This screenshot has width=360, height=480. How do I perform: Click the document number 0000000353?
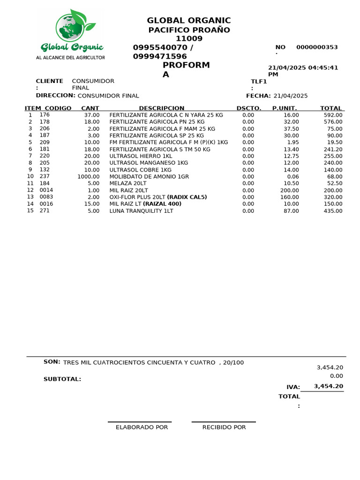[317, 47]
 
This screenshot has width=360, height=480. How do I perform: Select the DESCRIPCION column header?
[162, 108]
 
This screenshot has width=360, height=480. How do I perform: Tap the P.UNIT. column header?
[285, 108]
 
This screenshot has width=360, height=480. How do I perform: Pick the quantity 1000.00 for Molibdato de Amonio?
[89, 177]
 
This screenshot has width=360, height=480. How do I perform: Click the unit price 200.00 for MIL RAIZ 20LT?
[289, 190]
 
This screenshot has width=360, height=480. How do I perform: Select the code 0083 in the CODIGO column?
[46, 197]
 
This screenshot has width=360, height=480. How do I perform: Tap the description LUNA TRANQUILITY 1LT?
[141, 211]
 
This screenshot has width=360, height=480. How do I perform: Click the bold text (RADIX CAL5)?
[187, 197]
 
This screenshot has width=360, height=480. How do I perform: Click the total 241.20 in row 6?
[333, 149]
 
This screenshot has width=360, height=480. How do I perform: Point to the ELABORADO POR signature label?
[142, 427]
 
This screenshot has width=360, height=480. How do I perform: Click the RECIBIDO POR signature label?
[224, 427]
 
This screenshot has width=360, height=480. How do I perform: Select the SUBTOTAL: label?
[62, 379]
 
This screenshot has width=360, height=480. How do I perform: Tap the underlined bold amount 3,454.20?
[329, 387]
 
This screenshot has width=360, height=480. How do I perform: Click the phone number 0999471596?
[160, 56]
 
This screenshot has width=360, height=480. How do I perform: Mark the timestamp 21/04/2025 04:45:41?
[303, 67]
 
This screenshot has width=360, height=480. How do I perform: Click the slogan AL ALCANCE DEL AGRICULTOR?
[70, 57]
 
